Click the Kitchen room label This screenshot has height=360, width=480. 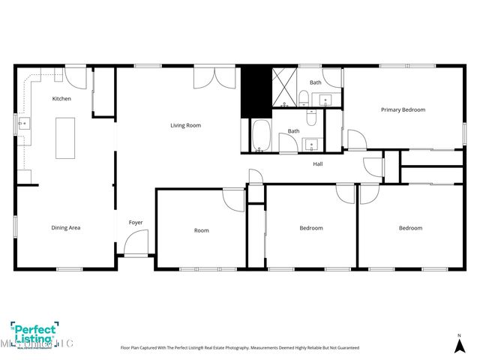pos(61,99)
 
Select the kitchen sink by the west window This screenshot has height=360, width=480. pos(23,122)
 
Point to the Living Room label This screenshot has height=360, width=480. pos(185,125)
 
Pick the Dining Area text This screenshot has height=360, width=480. pos(65,228)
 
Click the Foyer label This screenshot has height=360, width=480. pos(136,222)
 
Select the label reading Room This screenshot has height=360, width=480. pos(201,230)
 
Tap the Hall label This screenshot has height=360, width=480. pos(318,163)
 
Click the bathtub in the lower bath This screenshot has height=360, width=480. pos(261,136)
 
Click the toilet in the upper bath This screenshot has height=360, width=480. pos(304,97)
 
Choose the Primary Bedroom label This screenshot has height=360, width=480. pos(403,109)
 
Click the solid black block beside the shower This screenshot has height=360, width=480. pos(255,91)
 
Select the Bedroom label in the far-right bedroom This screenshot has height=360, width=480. pos(410,228)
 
